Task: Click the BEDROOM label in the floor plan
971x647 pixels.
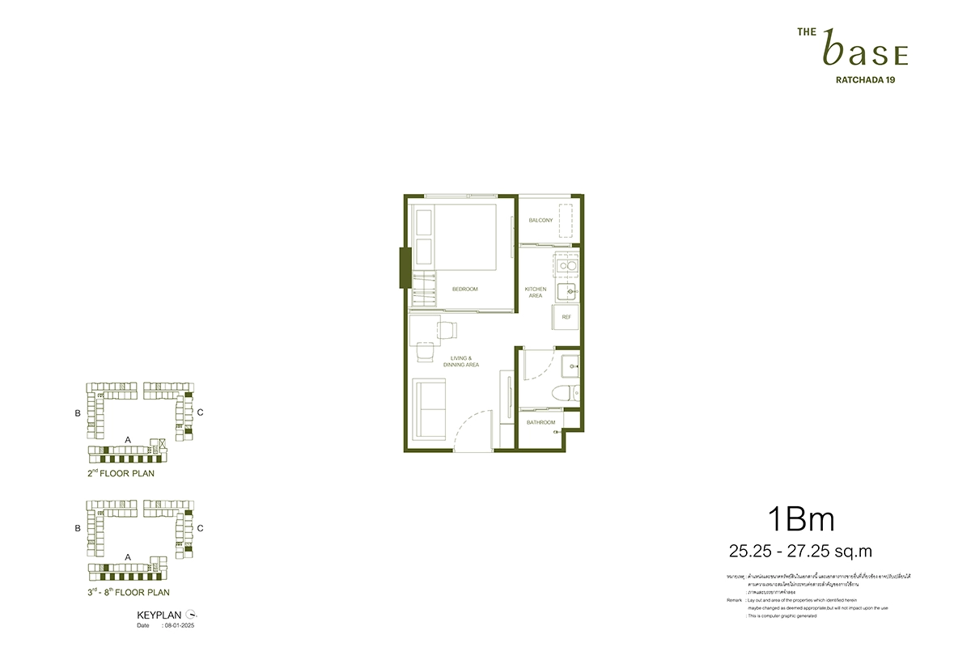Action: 464,289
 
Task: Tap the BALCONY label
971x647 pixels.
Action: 541,220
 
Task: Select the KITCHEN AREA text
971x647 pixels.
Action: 536,292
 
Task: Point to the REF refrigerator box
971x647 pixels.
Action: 566,317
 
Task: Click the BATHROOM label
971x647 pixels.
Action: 541,422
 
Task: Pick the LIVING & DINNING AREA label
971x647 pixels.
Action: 461,362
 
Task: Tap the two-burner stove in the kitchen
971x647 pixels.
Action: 566,264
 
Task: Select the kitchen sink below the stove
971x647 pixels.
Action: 570,290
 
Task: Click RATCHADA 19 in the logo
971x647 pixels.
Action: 864,79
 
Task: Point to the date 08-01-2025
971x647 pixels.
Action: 179,625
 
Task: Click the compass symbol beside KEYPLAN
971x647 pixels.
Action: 191,615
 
